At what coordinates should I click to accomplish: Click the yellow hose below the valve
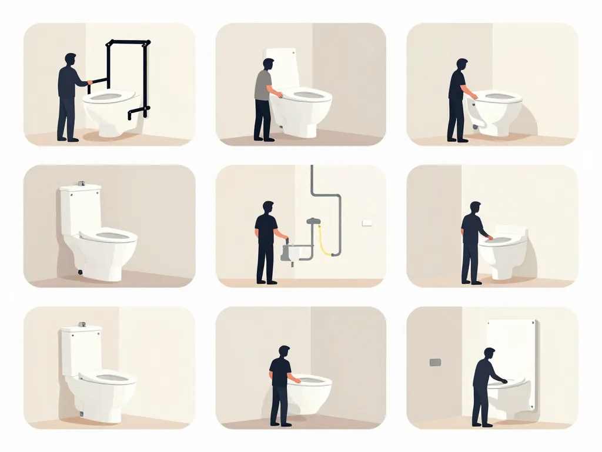[x=323, y=241]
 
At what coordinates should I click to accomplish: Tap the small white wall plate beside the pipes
[x=367, y=222]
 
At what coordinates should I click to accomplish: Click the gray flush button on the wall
[x=435, y=362]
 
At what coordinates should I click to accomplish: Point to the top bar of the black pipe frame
[x=128, y=42]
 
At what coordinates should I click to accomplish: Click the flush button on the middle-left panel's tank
[x=83, y=184]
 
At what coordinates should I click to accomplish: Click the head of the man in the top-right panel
[x=462, y=64]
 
